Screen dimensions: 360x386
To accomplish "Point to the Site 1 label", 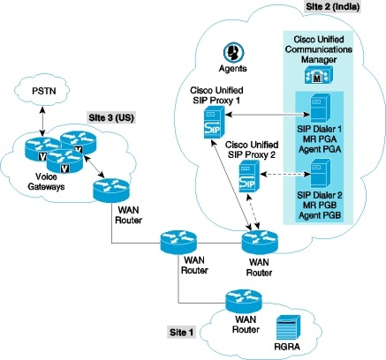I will pyautogui.click(x=185, y=333).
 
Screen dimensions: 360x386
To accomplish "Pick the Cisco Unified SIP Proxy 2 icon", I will pyautogui.click(x=248, y=175).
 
